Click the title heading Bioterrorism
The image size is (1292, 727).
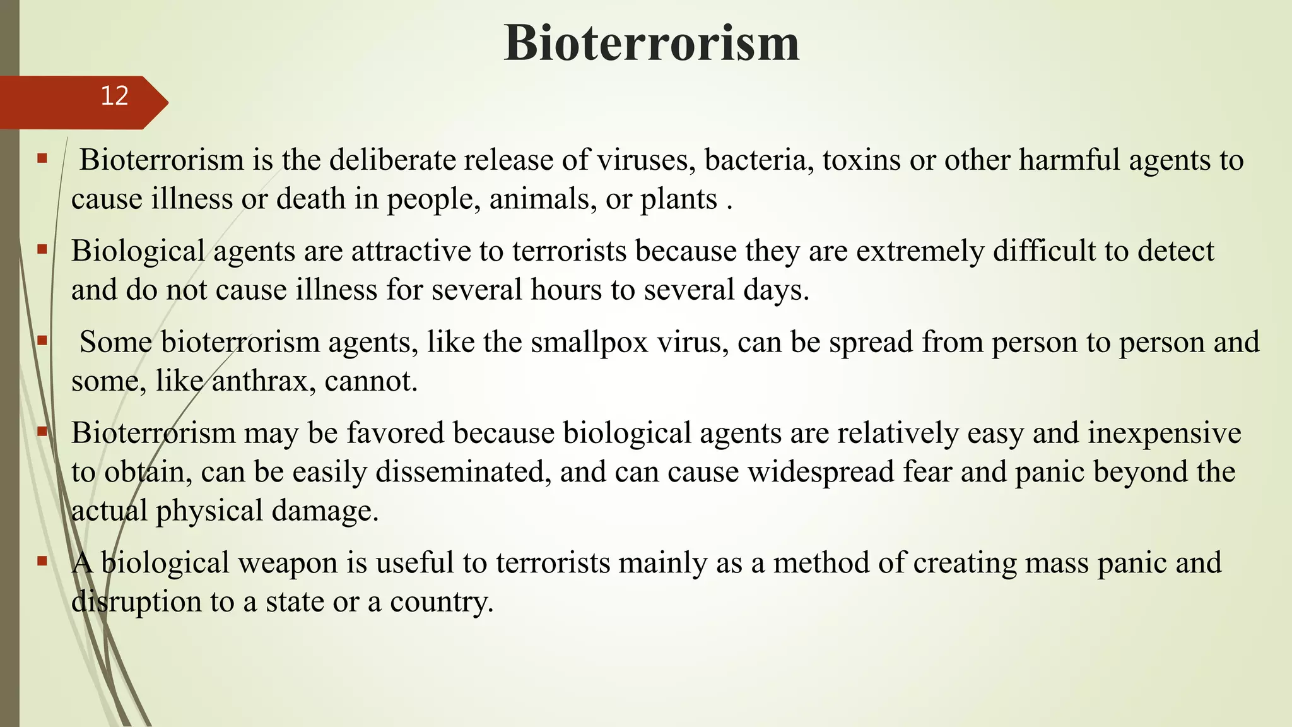coord(652,43)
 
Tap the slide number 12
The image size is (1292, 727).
coord(114,96)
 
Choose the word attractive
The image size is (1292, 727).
coord(411,251)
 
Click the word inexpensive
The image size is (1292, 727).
coord(1164,434)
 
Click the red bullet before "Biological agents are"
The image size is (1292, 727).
coord(42,249)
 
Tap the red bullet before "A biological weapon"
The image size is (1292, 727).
coord(42,560)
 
